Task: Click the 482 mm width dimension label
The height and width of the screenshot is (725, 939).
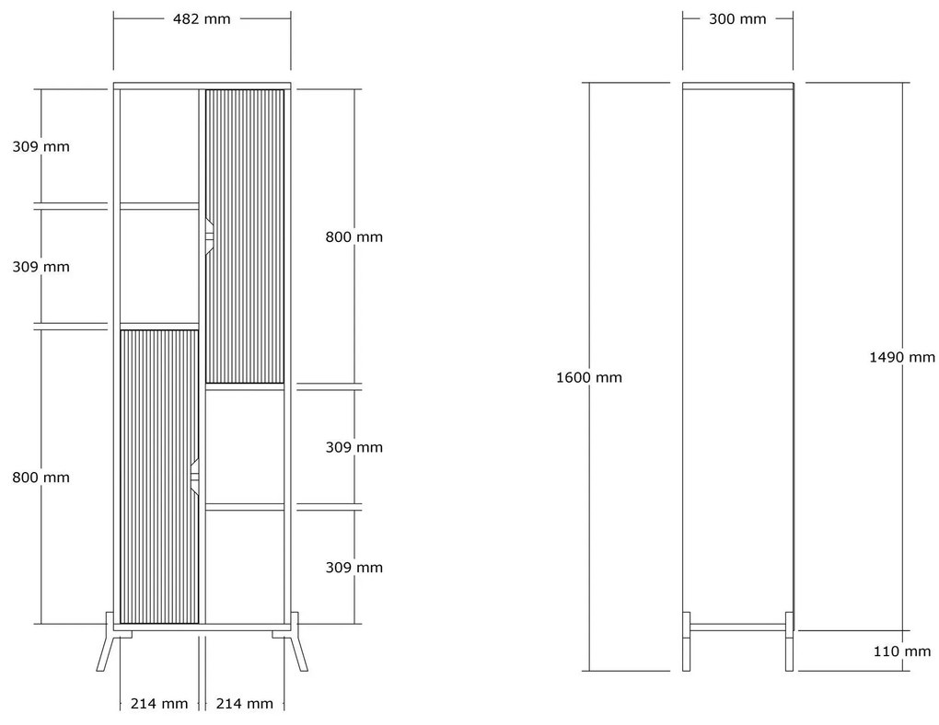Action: [x=202, y=19]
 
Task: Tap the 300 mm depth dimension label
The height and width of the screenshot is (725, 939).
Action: [x=737, y=19]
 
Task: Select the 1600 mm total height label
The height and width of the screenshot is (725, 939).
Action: [x=589, y=378]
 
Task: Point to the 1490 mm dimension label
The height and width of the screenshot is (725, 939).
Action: [x=902, y=357]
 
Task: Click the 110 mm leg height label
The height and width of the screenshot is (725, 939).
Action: [x=902, y=651]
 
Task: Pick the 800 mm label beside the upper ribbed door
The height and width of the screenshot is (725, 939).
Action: [x=354, y=237]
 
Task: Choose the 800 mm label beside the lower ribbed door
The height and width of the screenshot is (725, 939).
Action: [x=41, y=478]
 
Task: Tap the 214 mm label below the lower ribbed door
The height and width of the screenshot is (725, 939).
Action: [x=159, y=704]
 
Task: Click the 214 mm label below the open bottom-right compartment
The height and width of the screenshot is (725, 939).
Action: [x=244, y=704]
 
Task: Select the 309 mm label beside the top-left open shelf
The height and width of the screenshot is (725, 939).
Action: [x=41, y=146]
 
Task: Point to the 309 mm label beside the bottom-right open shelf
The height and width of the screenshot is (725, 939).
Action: [x=354, y=568]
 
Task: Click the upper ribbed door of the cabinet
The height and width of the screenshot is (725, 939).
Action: [x=245, y=236]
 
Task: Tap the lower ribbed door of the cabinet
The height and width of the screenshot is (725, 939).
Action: [x=159, y=477]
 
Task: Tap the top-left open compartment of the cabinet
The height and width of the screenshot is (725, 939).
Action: [x=159, y=146]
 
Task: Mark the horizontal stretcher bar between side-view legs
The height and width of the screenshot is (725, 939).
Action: [x=737, y=627]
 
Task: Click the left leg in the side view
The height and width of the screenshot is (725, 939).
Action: [x=686, y=641]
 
